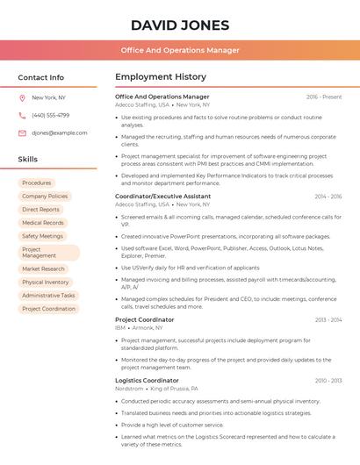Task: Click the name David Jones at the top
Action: click(x=180, y=25)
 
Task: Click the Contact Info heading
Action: click(x=41, y=77)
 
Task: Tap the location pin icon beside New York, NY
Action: click(x=22, y=97)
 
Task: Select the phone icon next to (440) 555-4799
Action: click(x=22, y=115)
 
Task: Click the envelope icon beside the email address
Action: click(x=22, y=132)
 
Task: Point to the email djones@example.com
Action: click(x=60, y=132)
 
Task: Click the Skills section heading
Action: click(x=28, y=159)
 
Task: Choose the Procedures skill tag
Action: click(x=37, y=182)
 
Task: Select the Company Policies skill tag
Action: click(x=45, y=197)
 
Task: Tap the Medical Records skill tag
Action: click(x=43, y=223)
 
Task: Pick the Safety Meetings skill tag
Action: click(x=43, y=236)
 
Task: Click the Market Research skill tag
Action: click(x=44, y=268)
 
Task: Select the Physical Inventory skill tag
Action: click(x=46, y=283)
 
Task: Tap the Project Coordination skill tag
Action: click(x=49, y=309)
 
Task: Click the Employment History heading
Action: click(x=161, y=77)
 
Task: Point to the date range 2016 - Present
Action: click(x=324, y=97)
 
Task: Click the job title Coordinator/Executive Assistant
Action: click(x=162, y=196)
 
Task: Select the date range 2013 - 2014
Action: click(x=328, y=320)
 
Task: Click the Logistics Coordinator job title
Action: click(x=147, y=380)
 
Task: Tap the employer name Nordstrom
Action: click(x=129, y=388)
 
